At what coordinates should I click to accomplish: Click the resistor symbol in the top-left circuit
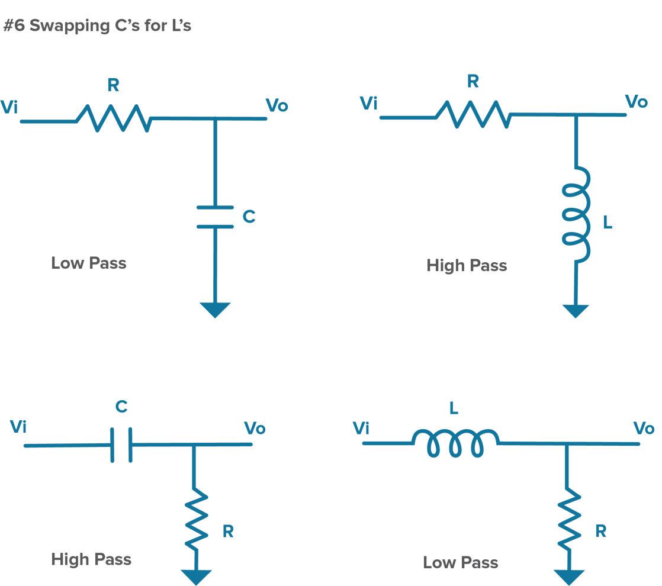point(114,119)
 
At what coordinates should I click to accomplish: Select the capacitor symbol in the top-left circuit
point(215,217)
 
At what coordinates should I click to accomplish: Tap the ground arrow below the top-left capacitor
point(215,309)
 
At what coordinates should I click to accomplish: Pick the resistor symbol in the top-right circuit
point(474,115)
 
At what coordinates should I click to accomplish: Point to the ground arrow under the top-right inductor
point(576,311)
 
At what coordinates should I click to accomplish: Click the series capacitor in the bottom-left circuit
point(121,445)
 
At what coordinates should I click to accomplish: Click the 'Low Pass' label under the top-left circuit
point(89,263)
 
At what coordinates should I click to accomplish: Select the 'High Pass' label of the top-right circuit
point(467,266)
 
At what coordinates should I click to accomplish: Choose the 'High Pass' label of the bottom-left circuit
point(91,559)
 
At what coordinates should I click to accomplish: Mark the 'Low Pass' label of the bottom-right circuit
point(461,562)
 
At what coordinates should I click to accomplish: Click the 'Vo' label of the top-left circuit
point(277,106)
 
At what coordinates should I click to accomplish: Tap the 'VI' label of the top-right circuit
point(369,104)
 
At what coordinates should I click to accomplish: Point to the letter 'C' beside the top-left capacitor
point(249,217)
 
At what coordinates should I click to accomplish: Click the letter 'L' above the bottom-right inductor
point(454,408)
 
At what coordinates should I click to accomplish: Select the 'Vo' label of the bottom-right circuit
point(644,427)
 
